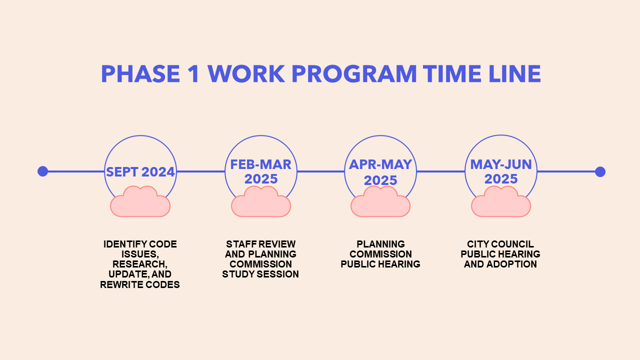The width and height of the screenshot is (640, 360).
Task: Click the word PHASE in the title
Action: [x=140, y=73]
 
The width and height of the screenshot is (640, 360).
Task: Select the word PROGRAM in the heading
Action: [x=354, y=73]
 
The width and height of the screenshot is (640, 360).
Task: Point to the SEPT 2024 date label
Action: [x=140, y=172]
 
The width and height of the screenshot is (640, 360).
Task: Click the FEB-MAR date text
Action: [x=260, y=164]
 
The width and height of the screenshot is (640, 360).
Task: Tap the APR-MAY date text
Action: [x=380, y=164]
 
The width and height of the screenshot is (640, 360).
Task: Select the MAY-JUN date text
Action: [x=501, y=164]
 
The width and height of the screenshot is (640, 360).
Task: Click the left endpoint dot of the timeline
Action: [x=43, y=171]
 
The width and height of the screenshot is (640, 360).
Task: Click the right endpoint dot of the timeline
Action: [x=600, y=171]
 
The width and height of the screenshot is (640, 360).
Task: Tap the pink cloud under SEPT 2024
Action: [x=140, y=201]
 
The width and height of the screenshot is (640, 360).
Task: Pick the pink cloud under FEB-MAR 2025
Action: [x=261, y=201]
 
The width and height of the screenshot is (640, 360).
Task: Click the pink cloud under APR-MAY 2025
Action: [x=380, y=201]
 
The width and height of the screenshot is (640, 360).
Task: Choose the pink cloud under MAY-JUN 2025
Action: [x=501, y=201]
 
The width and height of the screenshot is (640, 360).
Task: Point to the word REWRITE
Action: [x=121, y=284]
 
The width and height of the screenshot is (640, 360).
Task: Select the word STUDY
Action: [x=239, y=274]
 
